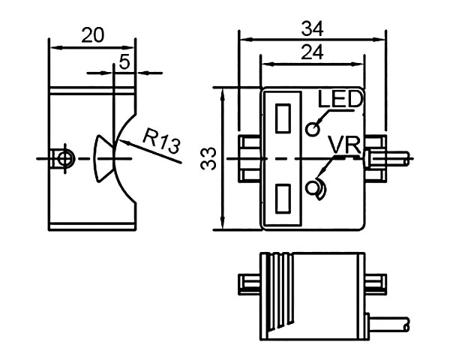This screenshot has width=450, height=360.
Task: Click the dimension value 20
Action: [x=93, y=34]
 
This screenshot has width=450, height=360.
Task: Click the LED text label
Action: [x=340, y=100]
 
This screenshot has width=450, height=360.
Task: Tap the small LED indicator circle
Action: [x=313, y=129]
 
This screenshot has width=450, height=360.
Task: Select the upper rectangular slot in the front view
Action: [x=283, y=118]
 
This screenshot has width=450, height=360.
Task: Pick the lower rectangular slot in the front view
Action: [x=283, y=199]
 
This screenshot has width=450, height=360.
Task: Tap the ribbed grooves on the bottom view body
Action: [x=278, y=292]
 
